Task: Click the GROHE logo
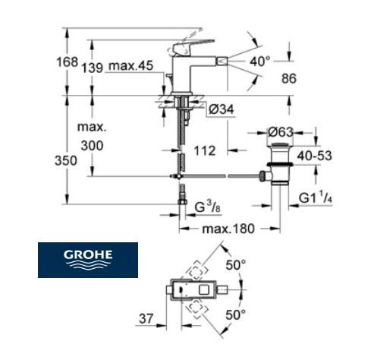(88, 260)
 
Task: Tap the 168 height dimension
(67, 62)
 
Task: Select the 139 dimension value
(93, 68)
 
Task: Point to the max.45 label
(130, 65)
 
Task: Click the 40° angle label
(259, 61)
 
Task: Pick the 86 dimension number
(289, 78)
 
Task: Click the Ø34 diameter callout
(222, 109)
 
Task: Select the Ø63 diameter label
(281, 132)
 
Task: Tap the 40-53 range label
(314, 156)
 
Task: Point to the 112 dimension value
(205, 151)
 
